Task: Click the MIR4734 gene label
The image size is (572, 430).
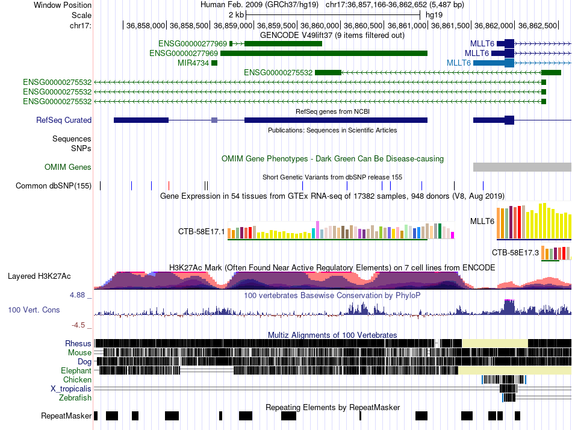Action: coord(193,63)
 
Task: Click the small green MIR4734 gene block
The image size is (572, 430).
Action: coord(214,63)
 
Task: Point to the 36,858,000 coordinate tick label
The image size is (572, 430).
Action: coord(145,25)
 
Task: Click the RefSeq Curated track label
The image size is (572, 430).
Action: coord(63,120)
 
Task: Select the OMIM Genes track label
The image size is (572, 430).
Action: coord(68,167)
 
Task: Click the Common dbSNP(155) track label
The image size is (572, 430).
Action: coord(54,185)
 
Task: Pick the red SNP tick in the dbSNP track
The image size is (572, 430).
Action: coord(169,185)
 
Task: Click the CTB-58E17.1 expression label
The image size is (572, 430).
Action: coord(201,231)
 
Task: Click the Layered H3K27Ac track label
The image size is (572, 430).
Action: coord(39,276)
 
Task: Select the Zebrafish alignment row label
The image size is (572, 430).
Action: coord(75,398)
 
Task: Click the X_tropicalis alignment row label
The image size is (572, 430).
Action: coord(71,389)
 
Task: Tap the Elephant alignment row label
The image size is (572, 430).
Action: coord(76,371)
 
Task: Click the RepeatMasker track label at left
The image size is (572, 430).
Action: coord(66,416)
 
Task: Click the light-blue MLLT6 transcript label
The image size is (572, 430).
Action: coord(459,63)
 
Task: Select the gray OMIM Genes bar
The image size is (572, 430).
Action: coord(522,167)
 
